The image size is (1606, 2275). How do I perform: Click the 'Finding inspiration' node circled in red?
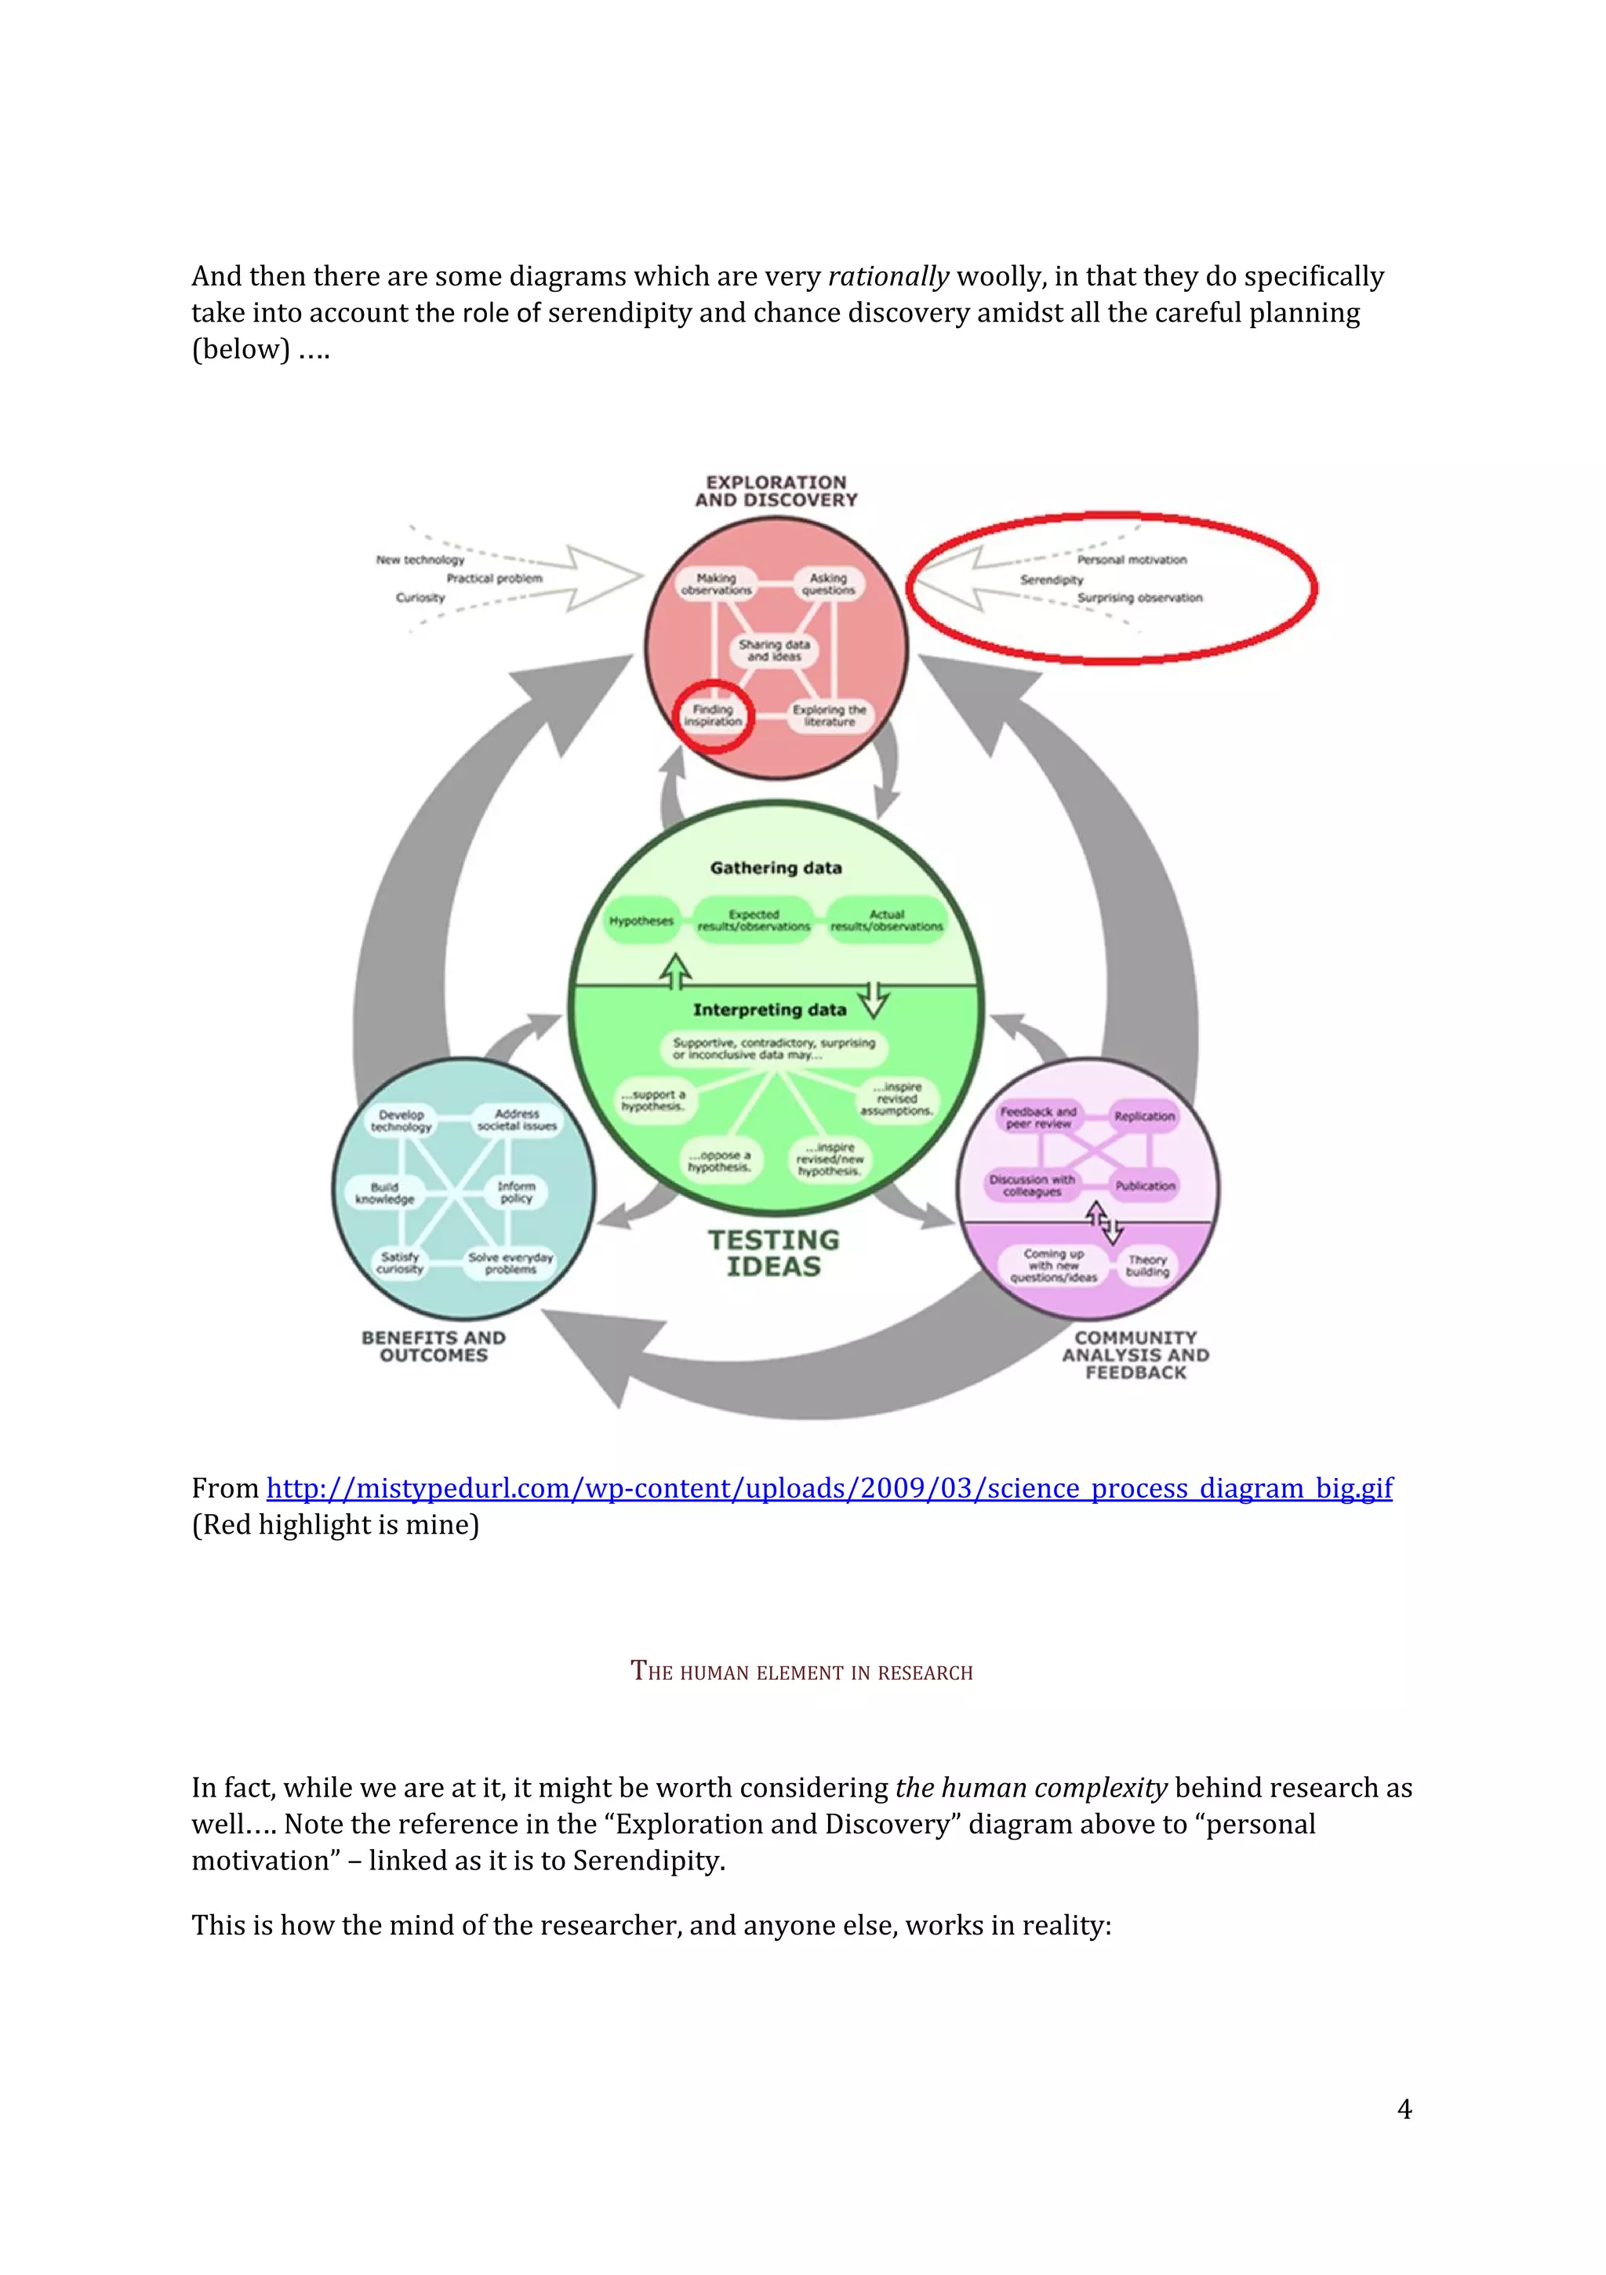712,715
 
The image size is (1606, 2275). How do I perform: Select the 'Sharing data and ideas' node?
774,650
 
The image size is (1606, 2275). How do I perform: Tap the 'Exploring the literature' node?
829,715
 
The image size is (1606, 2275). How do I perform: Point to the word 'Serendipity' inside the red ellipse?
1051,580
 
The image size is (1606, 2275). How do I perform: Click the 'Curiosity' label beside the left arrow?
420,598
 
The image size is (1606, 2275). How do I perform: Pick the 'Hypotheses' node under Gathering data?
641,920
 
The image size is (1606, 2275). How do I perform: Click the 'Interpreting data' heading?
768,1010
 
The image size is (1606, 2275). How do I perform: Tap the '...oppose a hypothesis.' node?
719,1161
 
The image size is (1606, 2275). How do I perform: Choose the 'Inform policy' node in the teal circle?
516,1192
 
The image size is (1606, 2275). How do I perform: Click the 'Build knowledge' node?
384,1193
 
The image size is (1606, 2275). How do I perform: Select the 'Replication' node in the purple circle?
1143,1116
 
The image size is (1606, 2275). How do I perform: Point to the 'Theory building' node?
1147,1265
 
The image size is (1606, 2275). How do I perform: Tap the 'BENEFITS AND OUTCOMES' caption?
433,1347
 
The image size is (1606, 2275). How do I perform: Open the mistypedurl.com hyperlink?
828,1488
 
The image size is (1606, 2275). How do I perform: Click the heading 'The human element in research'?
801,1672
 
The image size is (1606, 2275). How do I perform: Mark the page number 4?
1403,2109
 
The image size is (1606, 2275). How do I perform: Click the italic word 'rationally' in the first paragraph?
888,275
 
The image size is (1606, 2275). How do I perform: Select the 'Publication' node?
1144,1185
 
